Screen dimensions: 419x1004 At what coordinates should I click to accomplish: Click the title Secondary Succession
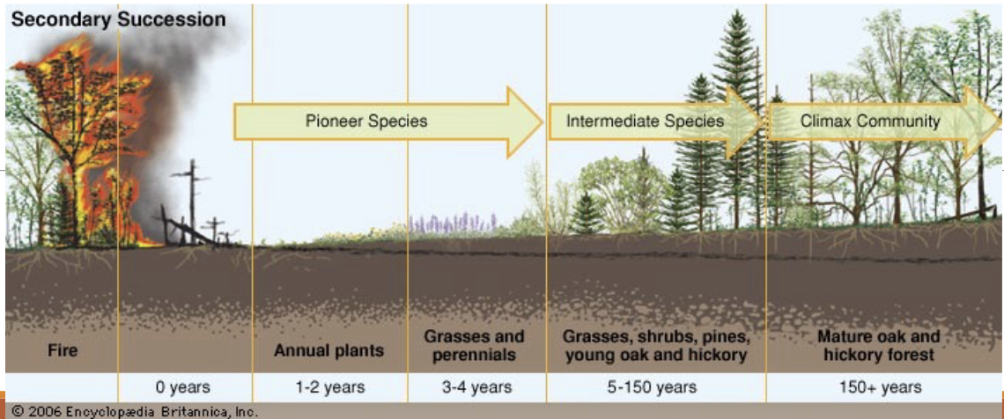[118, 19]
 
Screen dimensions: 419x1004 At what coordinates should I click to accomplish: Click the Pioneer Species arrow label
[366, 121]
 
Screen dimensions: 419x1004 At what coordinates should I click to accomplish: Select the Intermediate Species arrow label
[645, 121]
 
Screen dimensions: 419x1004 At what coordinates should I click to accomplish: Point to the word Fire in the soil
[63, 350]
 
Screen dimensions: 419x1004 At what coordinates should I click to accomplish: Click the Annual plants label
[329, 350]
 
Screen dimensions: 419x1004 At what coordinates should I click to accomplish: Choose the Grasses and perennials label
[474, 346]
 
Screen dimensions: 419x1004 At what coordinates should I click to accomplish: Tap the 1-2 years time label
[329, 386]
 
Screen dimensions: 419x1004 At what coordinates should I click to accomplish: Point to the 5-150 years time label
[655, 386]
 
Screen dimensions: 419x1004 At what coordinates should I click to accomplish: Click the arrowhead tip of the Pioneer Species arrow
[539, 121]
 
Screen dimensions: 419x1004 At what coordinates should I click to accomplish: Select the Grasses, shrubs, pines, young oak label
[656, 346]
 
